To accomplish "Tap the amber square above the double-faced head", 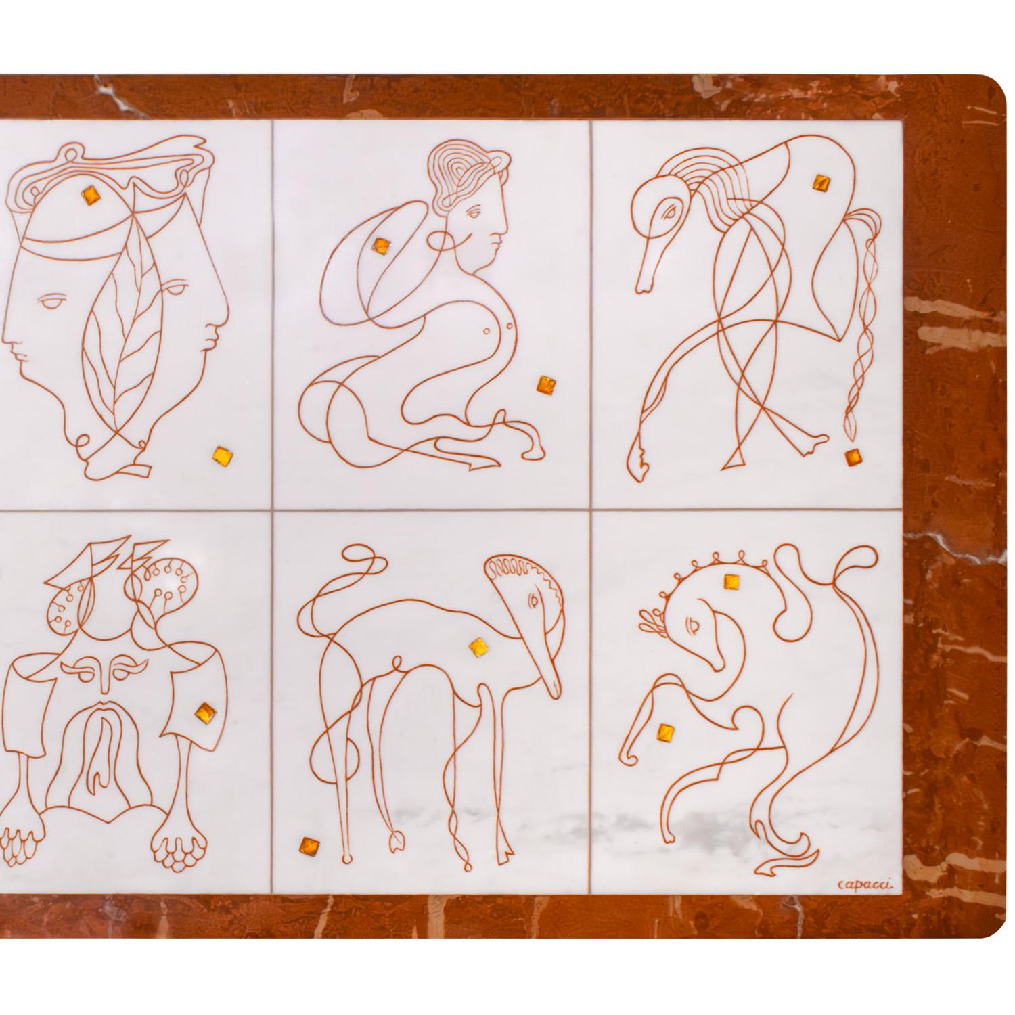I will [x=93, y=195].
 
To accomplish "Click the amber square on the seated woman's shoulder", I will [x=382, y=247].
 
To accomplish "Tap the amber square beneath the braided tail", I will [x=853, y=458].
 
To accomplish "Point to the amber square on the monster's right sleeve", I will [x=203, y=713].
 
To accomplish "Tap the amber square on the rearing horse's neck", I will [x=731, y=581].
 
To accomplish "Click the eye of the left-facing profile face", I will [x=51, y=305].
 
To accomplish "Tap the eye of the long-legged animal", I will [x=534, y=600].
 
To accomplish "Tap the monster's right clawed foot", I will [x=176, y=842].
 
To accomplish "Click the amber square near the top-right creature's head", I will [x=821, y=183].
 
